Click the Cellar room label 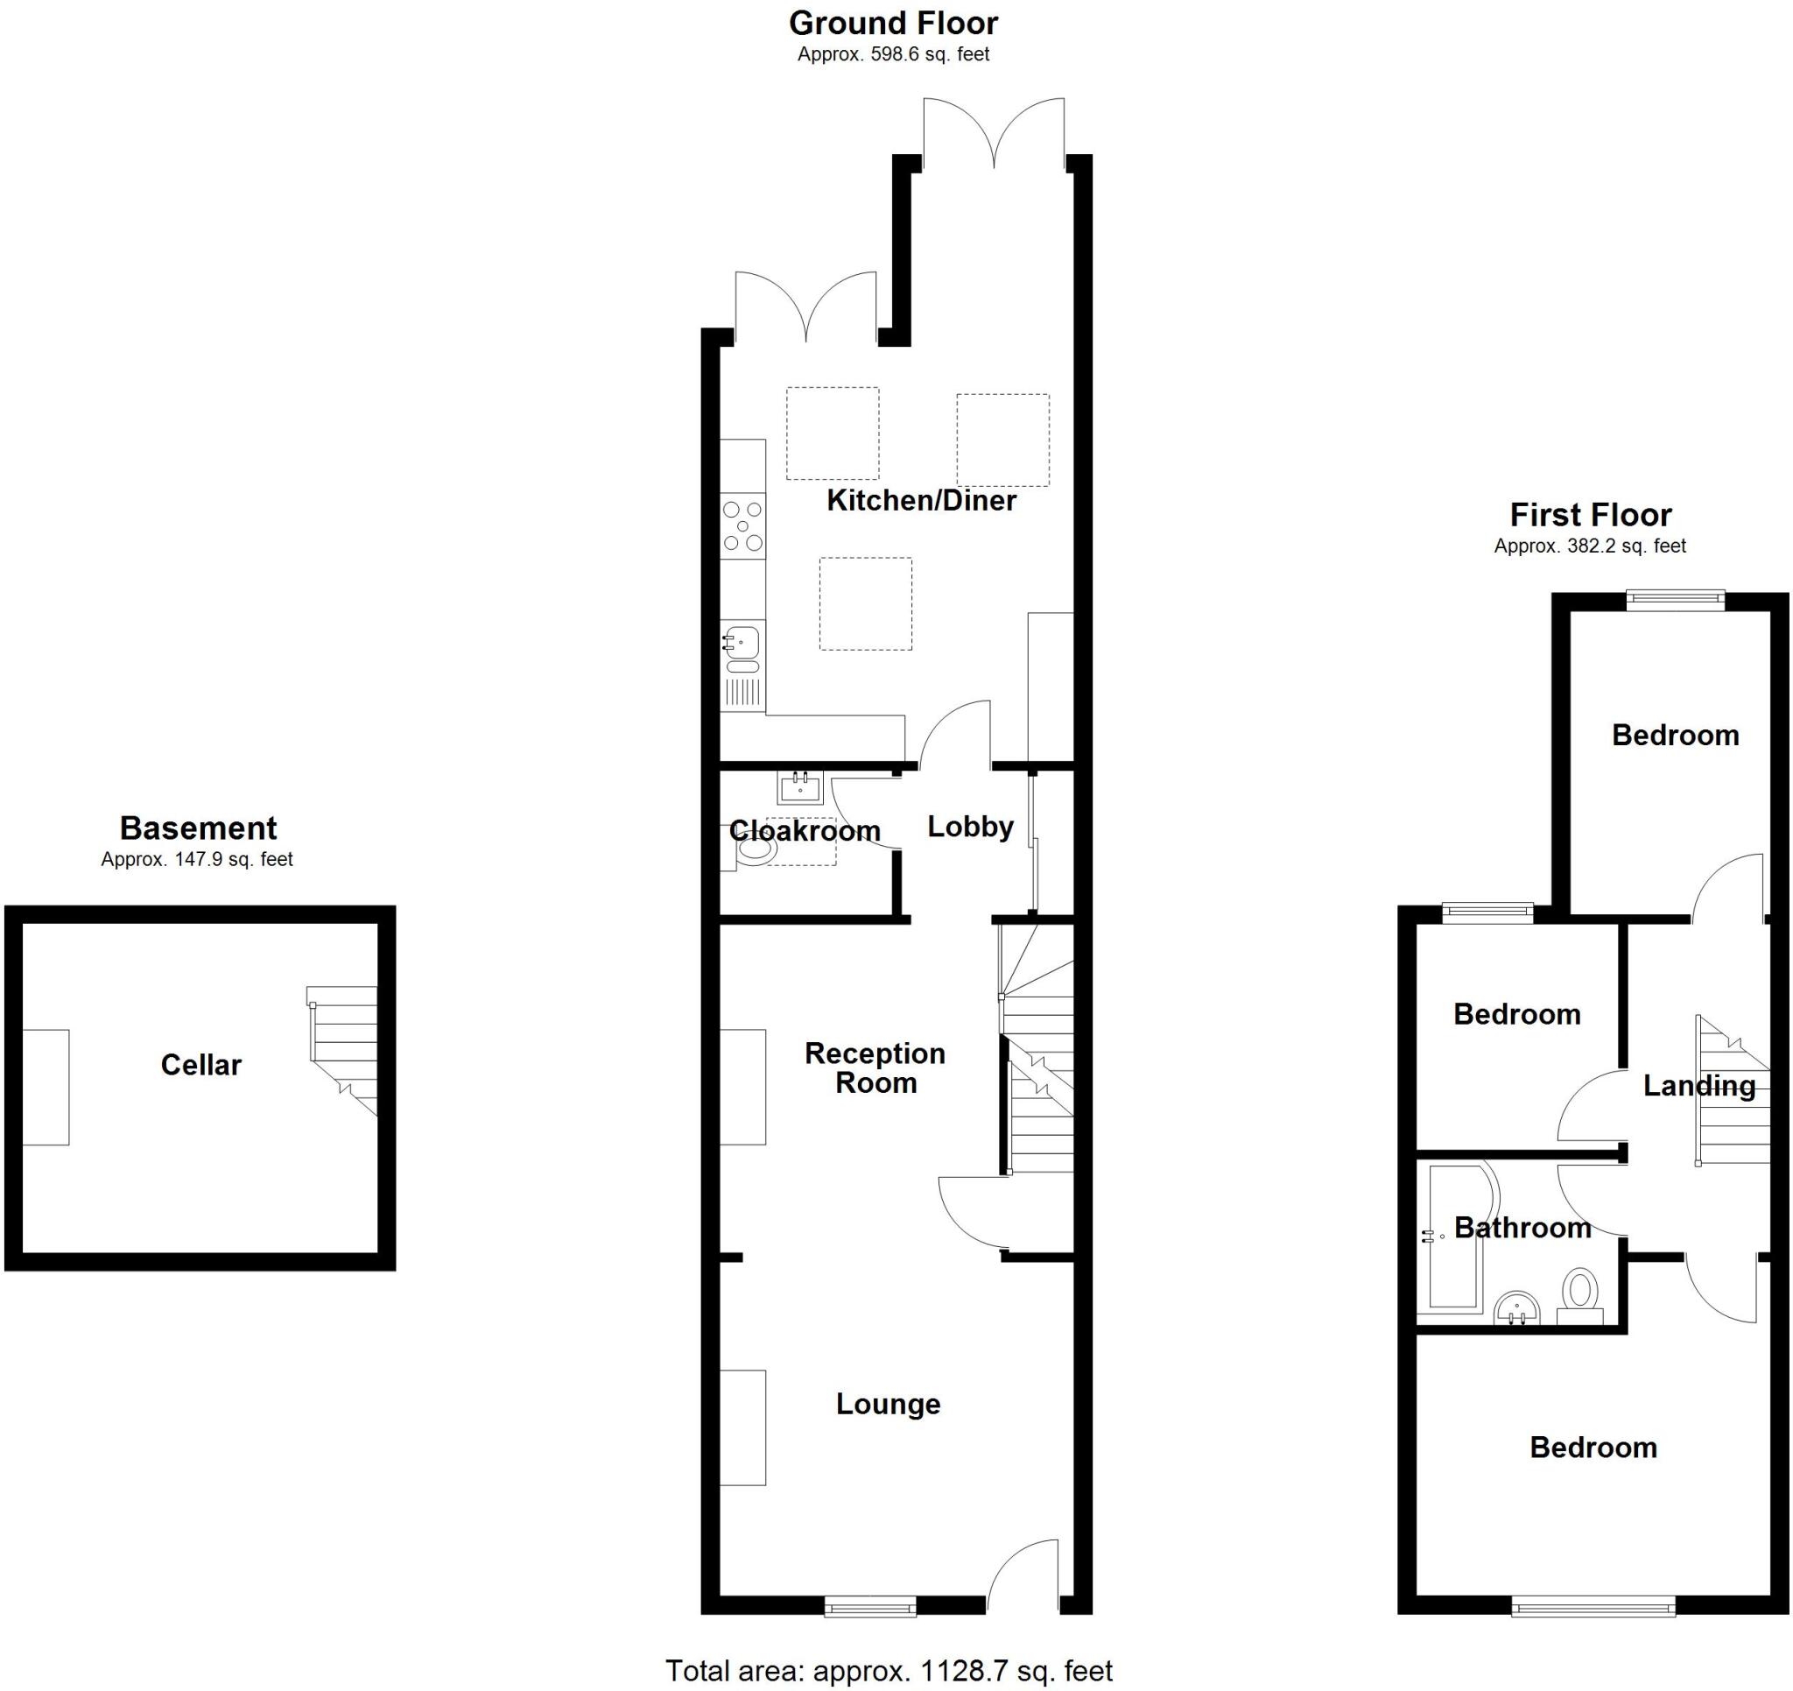click(x=201, y=1065)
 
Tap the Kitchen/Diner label click(x=921, y=500)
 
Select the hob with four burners click(x=743, y=526)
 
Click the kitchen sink click(x=743, y=664)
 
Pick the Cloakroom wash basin click(x=800, y=788)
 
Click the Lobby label click(x=970, y=827)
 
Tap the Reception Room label click(x=875, y=1067)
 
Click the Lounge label click(x=889, y=1404)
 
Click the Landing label click(x=1699, y=1086)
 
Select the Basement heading click(x=199, y=828)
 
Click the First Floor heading click(x=1591, y=514)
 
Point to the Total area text click(x=889, y=1671)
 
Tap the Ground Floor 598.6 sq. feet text click(x=894, y=54)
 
